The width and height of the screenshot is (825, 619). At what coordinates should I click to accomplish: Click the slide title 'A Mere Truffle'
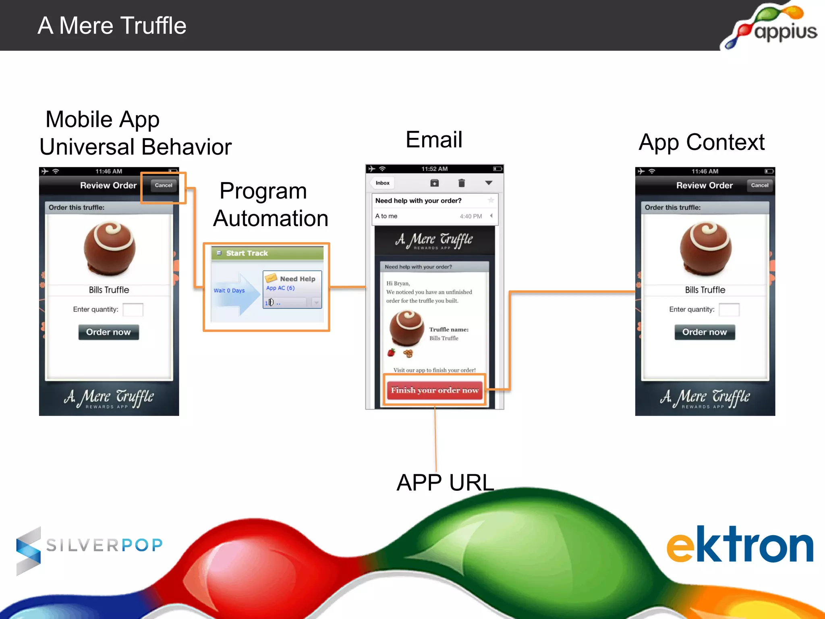point(112,26)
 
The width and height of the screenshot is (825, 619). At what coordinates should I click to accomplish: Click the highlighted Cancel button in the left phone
point(163,185)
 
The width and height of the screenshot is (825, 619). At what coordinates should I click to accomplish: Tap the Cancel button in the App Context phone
point(759,185)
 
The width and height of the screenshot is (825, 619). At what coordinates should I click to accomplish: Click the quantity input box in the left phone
point(133,309)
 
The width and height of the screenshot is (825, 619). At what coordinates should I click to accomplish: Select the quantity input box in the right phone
point(729,309)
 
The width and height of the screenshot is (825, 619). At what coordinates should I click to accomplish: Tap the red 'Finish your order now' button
point(435,390)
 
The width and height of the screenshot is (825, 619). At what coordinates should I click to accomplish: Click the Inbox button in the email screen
point(382,183)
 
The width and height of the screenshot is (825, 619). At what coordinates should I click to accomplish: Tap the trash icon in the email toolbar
point(462,183)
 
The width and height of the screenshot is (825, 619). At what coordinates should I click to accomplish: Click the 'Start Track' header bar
point(267,253)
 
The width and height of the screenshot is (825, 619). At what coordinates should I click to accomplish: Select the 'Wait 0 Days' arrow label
point(229,291)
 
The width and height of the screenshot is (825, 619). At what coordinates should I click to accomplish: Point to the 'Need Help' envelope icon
point(271,278)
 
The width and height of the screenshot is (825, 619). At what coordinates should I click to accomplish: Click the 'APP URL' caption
point(445,482)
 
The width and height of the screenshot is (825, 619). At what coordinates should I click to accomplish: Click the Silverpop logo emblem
point(29,550)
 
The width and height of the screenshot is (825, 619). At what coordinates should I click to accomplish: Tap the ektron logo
point(740,545)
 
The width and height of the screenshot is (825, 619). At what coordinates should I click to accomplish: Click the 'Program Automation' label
point(271,205)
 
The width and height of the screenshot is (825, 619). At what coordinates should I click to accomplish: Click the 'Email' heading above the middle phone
point(434,140)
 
